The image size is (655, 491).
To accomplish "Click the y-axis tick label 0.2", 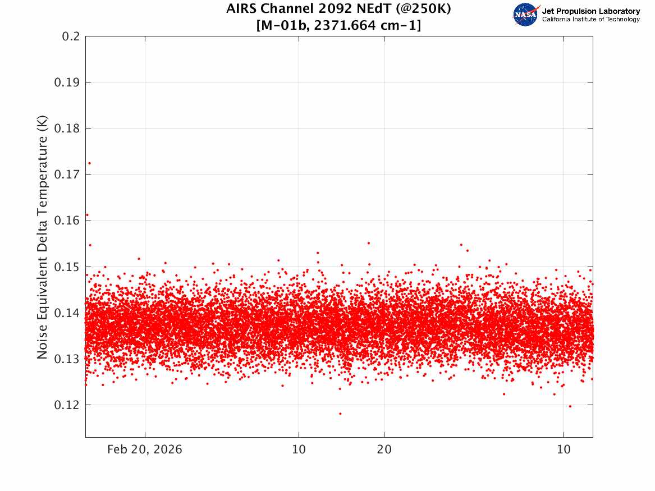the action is (x=71, y=36).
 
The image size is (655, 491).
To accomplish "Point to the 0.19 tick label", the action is (x=67, y=82).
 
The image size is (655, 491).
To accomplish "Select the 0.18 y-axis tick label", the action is (x=67, y=129).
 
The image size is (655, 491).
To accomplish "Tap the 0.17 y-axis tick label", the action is (x=67, y=175).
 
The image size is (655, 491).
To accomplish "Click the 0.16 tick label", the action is (x=67, y=221).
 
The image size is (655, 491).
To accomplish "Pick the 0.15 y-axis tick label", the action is (x=67, y=267).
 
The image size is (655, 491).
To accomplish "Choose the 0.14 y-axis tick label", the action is (x=67, y=313).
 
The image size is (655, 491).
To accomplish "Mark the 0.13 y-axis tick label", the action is (x=67, y=359).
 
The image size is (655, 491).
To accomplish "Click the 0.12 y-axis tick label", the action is (x=67, y=405).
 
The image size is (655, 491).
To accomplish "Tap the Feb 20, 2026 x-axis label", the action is (x=145, y=449).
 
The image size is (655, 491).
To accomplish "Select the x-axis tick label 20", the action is (x=384, y=449).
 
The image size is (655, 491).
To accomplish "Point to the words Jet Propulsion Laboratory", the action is (x=591, y=11).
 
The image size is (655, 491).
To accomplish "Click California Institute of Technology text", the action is (x=591, y=19).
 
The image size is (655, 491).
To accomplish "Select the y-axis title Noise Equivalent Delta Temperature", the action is (x=42, y=237).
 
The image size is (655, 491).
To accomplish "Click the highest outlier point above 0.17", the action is (x=89, y=163).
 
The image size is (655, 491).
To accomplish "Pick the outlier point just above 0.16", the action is (x=87, y=215).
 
